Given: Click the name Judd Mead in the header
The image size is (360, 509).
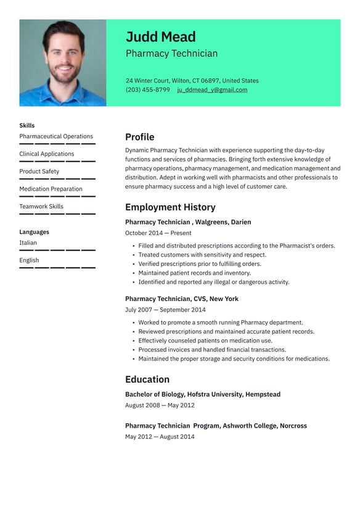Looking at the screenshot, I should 160,37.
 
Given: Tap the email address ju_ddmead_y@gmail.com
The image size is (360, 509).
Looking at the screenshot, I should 212,89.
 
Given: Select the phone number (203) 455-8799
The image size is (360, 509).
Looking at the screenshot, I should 147,89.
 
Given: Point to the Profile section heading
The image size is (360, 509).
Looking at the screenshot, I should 139,137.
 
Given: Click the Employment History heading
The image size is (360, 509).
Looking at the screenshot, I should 170,207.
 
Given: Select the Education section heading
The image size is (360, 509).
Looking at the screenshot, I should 147,379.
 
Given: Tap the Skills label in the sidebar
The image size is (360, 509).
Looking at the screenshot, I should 27,125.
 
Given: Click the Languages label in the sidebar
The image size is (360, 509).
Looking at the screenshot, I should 34,232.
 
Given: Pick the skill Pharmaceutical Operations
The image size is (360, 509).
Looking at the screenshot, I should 56,136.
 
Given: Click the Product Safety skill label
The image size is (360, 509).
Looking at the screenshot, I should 39,172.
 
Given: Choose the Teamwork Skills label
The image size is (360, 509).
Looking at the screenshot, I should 41,207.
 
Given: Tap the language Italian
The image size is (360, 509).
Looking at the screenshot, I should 28,243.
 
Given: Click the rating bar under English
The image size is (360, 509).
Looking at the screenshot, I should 57,268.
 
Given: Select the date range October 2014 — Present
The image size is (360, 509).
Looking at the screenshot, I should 158,233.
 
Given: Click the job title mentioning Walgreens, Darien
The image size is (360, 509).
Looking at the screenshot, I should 188,222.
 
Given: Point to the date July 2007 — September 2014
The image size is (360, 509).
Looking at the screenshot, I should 165,310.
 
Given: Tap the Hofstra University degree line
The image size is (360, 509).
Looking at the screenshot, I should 202,394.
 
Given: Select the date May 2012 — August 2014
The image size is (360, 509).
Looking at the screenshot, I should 160,437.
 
